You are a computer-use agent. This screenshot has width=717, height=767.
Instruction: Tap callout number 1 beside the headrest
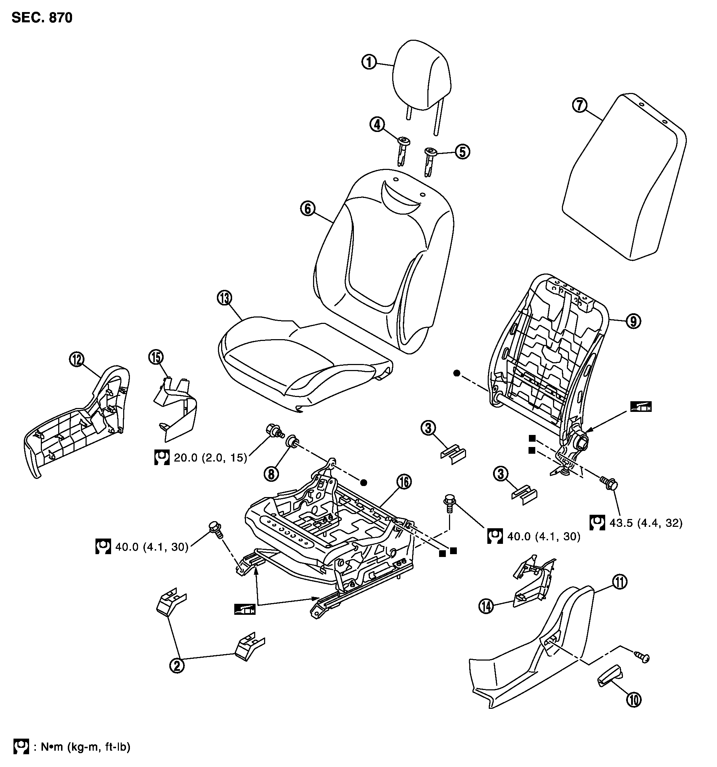[x=369, y=62]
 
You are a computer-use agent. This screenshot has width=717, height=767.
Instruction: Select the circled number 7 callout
[x=580, y=105]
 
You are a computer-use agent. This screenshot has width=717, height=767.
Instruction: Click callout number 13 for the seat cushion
[x=224, y=298]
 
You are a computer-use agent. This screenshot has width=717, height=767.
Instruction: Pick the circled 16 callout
[x=404, y=481]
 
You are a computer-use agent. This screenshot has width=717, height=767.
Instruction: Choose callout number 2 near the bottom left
[x=177, y=666]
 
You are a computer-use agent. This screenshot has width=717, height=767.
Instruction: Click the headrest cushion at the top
[x=421, y=75]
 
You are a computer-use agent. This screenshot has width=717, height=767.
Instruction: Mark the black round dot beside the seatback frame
[x=457, y=373]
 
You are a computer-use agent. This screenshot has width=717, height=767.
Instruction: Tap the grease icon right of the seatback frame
[x=641, y=407]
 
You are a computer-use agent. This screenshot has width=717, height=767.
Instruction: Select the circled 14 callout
[x=486, y=607]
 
